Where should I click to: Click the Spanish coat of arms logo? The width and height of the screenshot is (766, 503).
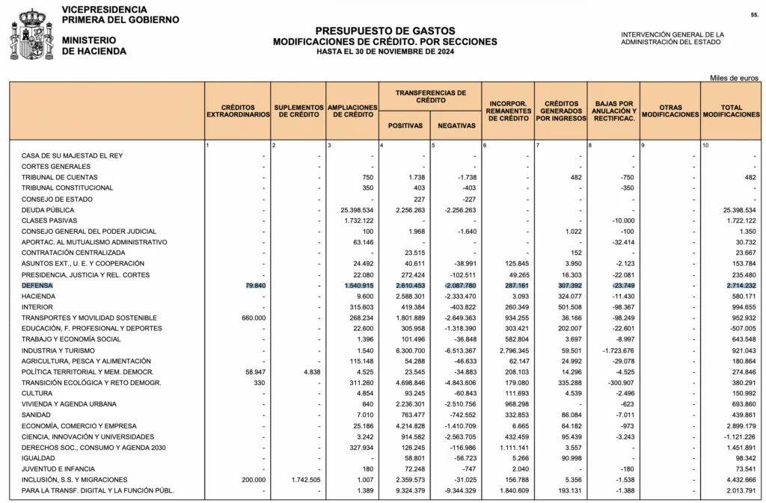tap(31, 34)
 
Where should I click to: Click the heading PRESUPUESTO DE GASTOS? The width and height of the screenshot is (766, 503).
tap(384, 31)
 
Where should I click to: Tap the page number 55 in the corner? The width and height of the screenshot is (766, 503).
tap(754, 15)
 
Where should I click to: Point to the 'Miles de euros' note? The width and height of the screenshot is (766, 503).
tap(735, 78)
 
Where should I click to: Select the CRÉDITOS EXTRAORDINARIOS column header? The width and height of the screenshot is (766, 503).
tap(238, 111)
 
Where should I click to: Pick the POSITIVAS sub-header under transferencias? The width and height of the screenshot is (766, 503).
tap(404, 126)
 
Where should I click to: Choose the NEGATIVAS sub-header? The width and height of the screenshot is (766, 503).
tap(456, 126)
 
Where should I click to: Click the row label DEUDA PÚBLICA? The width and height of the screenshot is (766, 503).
tap(48, 210)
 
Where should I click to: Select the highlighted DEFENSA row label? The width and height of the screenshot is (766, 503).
tap(37, 286)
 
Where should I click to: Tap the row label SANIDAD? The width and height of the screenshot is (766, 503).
tap(37, 415)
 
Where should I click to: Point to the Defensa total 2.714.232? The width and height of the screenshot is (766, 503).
tap(739, 286)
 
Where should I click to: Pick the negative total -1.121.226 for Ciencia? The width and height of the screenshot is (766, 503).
tap(738, 436)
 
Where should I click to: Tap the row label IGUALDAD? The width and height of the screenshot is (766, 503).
tap(37, 458)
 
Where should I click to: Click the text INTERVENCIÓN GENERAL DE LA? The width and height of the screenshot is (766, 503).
tap(672, 34)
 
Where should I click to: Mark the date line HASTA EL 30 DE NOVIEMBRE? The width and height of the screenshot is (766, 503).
tap(384, 52)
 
